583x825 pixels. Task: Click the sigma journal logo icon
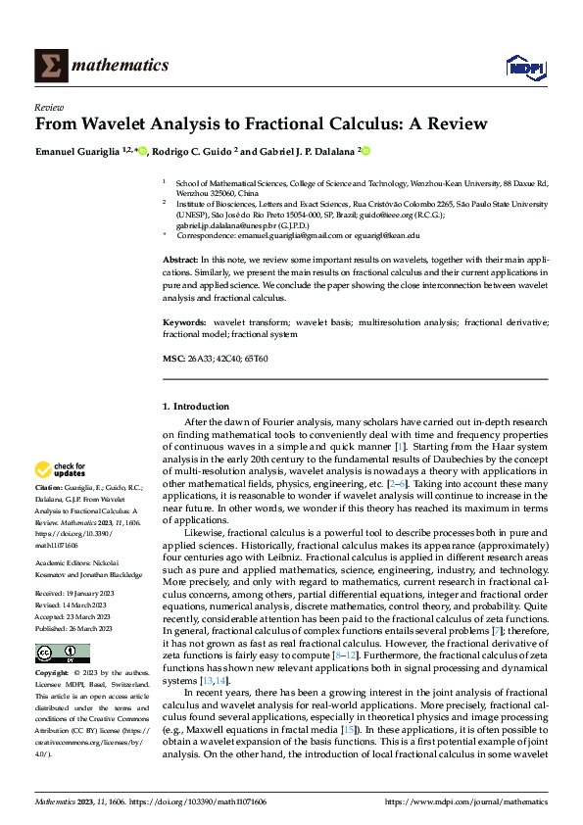click(49, 66)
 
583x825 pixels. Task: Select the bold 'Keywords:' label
click(184, 321)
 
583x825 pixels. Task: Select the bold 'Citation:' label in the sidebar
click(49, 486)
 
